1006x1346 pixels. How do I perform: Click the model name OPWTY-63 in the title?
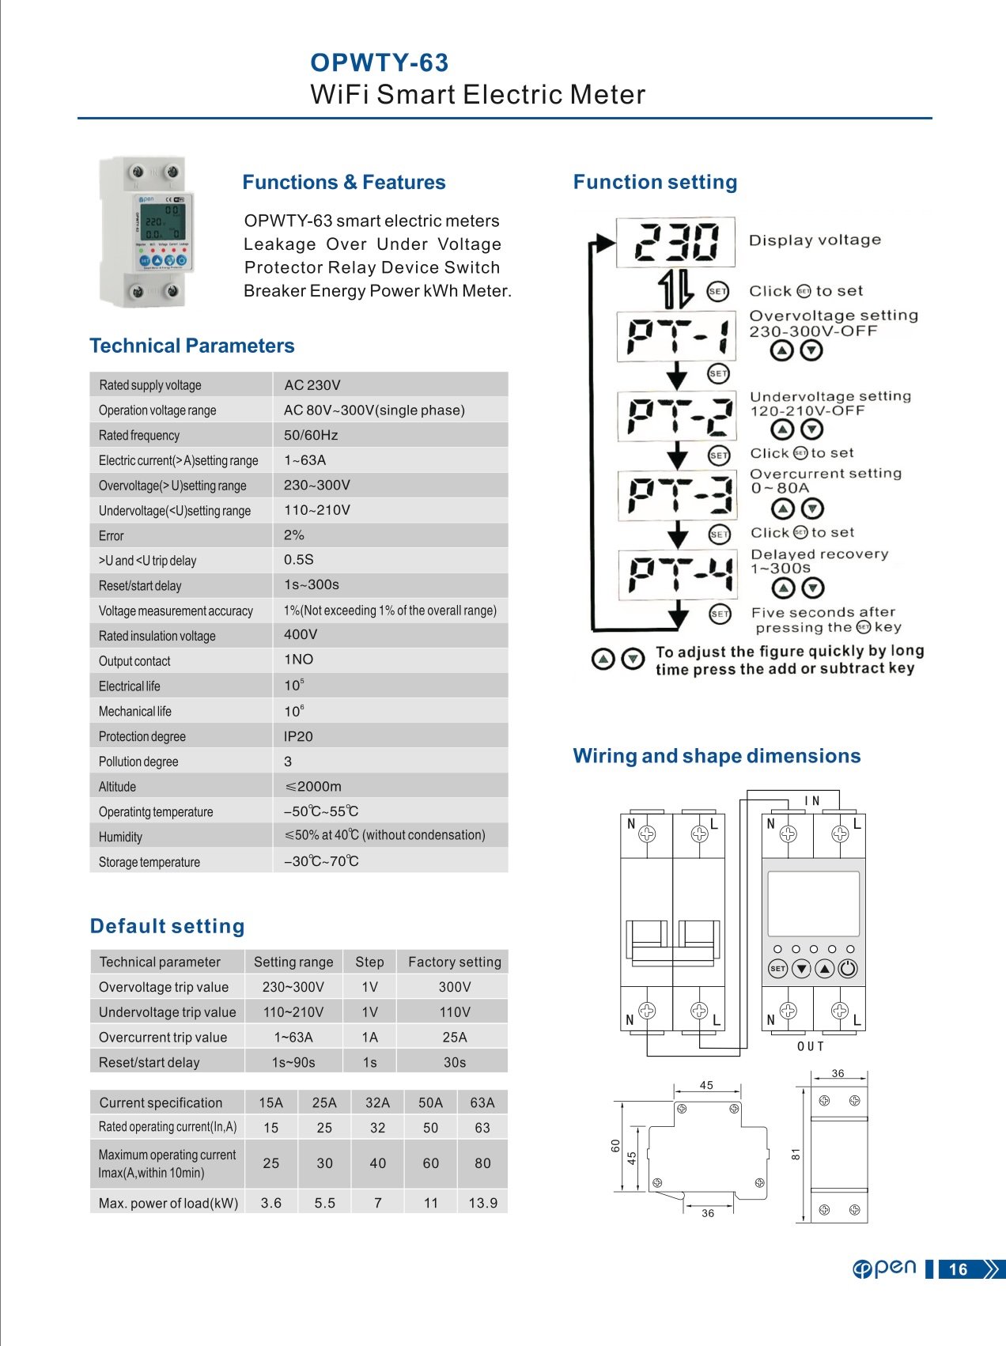point(379,62)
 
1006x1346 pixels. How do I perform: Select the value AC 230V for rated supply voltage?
point(312,385)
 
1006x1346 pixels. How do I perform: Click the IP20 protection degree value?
point(298,736)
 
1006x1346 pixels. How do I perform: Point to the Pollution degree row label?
point(138,762)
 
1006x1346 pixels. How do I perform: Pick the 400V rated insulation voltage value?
point(301,634)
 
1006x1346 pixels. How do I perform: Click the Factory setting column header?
point(454,962)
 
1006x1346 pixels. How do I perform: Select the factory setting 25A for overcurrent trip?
point(454,1037)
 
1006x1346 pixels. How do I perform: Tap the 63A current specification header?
point(482,1102)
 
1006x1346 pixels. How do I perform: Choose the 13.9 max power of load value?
point(482,1203)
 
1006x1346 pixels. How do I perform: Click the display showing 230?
point(676,241)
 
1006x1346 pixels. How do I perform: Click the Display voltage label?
point(815,240)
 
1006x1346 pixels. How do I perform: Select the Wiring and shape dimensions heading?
point(717,756)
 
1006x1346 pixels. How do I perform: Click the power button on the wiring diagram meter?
point(848,969)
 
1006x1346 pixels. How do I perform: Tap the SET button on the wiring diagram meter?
point(778,969)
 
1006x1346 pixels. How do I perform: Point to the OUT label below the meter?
point(811,1046)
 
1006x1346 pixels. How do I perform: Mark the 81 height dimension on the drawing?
point(796,1154)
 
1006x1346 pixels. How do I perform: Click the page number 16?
point(958,1269)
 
